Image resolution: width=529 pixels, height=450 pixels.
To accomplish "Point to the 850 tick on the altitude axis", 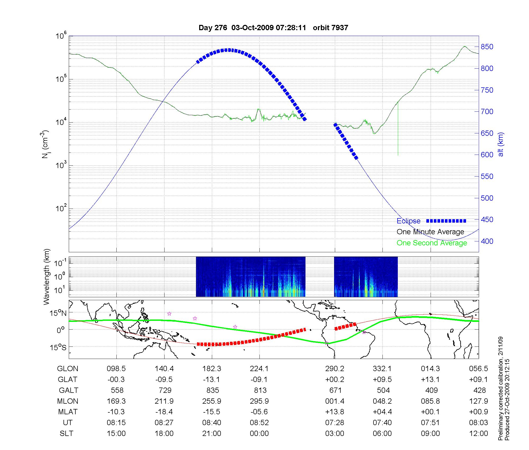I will (x=487, y=47).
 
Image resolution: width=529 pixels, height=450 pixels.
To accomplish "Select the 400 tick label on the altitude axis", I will (x=487, y=241).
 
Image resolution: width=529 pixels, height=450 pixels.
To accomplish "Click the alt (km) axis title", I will (x=500, y=144).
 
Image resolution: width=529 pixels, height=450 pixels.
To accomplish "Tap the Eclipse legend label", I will (x=408, y=221).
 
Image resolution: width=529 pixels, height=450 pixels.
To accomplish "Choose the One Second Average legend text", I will (x=432, y=243).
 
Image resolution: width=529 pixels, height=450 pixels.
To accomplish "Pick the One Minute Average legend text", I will (x=430, y=232).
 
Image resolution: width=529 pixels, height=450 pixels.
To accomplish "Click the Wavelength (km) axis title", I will (x=47, y=277).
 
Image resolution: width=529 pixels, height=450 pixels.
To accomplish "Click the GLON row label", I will (x=67, y=369).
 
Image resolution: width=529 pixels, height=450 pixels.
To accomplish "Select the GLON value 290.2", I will (x=335, y=369).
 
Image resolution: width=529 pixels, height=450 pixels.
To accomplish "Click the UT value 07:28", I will (x=335, y=423).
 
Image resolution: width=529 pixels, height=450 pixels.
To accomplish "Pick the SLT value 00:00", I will (x=259, y=434).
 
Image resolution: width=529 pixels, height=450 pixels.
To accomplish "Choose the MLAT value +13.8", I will (x=335, y=412).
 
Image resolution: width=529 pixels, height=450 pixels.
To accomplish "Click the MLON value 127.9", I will (x=478, y=401).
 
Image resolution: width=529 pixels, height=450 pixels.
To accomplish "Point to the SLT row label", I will (x=66, y=434).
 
